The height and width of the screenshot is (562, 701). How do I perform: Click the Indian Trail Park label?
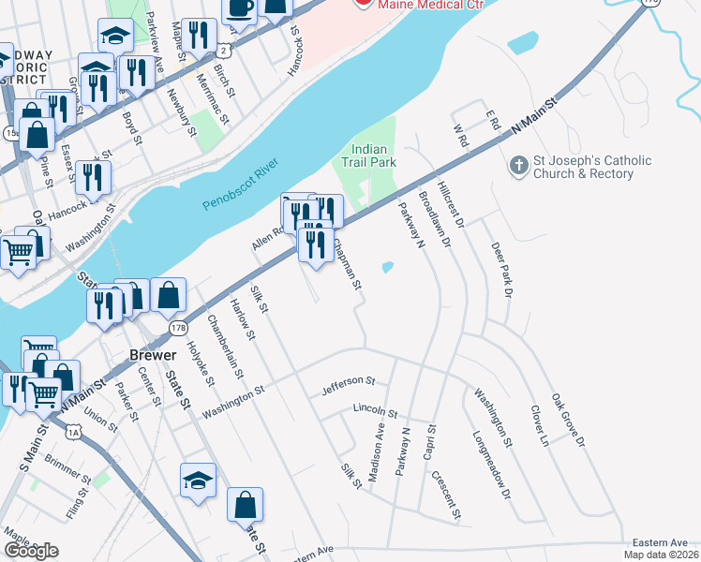coord(374,155)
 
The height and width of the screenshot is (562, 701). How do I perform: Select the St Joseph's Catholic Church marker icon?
coord(517,167)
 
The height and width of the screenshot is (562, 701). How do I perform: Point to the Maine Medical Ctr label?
coord(418,4)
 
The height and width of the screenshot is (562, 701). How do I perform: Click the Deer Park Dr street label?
coord(503,270)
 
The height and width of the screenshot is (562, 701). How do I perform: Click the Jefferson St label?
coord(348,383)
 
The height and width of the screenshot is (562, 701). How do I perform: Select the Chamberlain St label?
coord(226,346)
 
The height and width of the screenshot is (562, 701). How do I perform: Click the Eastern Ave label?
coord(660,542)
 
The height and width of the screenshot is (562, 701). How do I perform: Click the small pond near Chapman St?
coord(387,268)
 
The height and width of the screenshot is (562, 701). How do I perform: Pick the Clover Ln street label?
coord(538,426)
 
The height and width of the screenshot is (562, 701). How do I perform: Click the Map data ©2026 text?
coord(661,555)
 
